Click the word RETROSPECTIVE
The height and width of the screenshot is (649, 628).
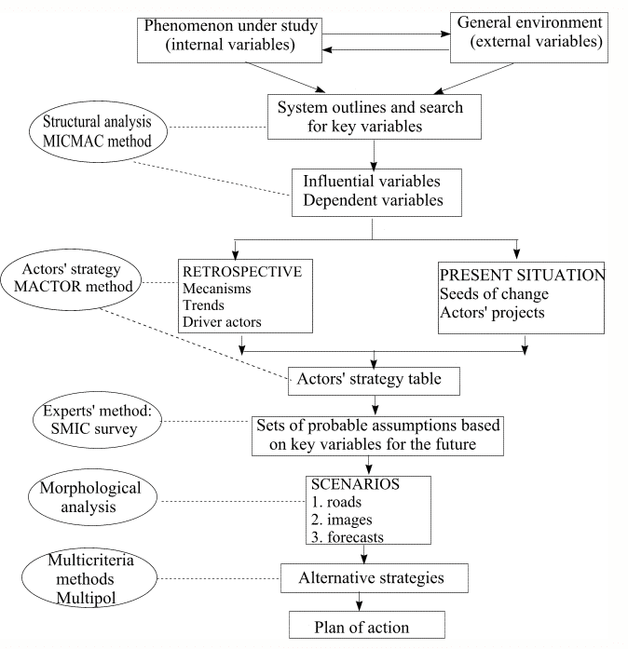pos(242,272)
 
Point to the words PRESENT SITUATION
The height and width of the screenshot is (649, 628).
pos(522,275)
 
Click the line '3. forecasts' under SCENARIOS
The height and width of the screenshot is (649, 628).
pos(348,537)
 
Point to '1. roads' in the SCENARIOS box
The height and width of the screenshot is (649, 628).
pos(336,502)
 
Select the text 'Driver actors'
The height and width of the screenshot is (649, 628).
pos(222,321)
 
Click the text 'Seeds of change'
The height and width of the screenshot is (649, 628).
pos(494,294)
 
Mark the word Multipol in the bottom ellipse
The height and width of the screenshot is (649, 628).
pos(86,598)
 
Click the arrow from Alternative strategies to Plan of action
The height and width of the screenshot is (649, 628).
pos(359,602)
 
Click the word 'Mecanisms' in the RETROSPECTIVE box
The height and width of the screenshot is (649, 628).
pos(217,288)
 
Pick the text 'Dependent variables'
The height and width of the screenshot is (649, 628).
pos(373,200)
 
